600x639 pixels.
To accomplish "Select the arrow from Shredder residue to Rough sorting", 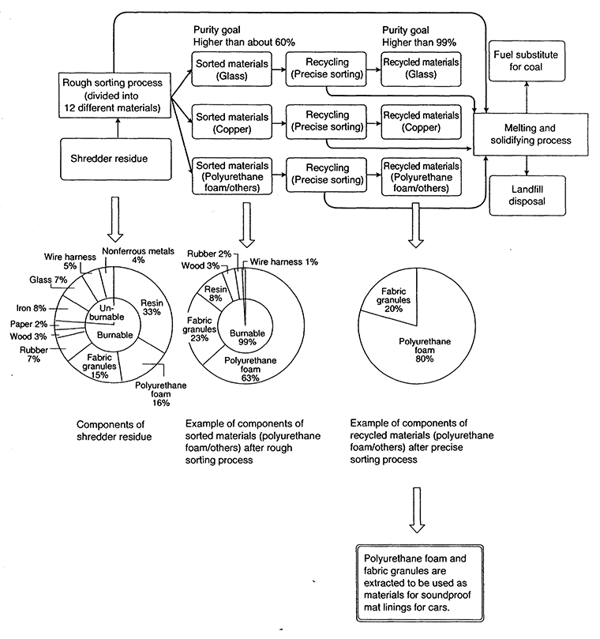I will [116, 128].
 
